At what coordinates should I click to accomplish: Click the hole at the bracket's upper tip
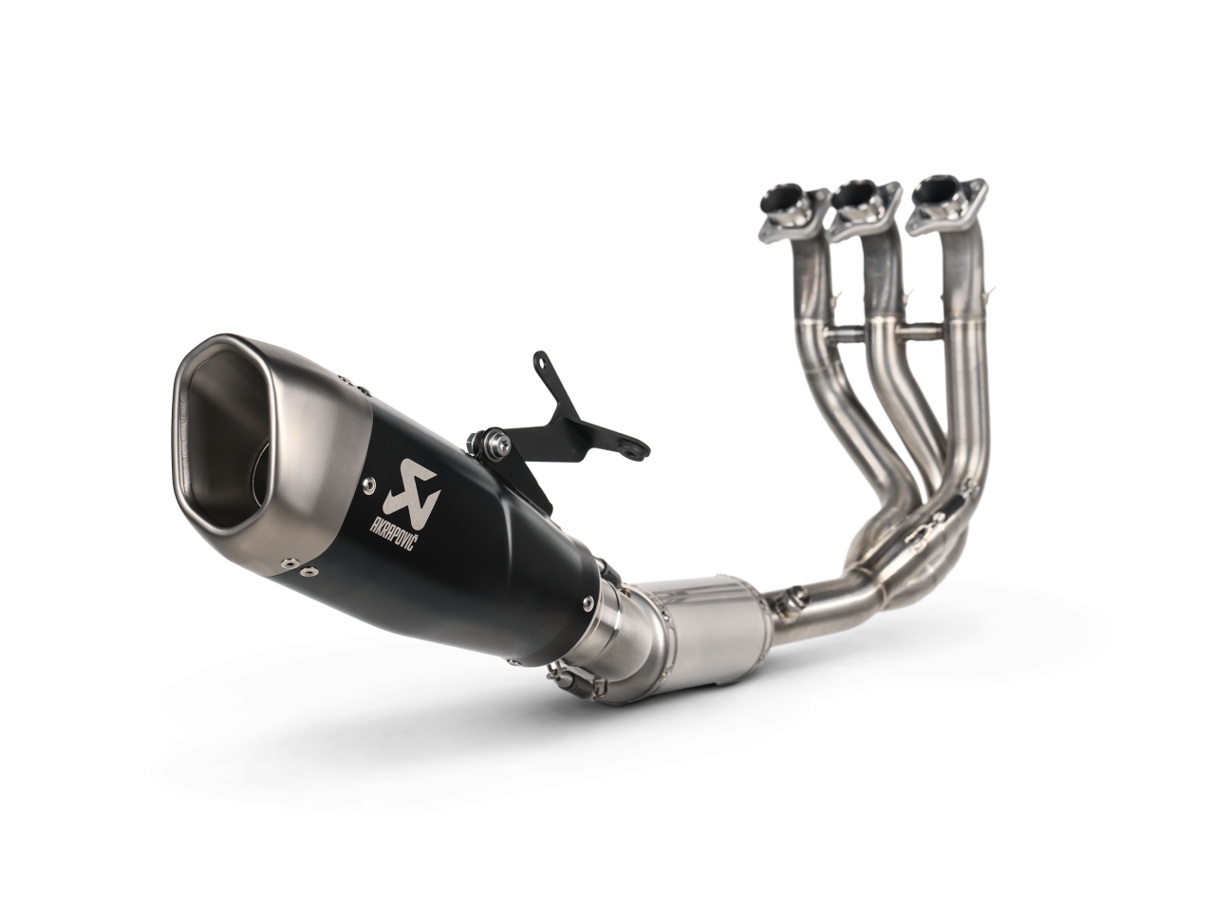[543, 360]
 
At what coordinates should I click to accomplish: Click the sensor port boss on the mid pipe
[784, 598]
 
